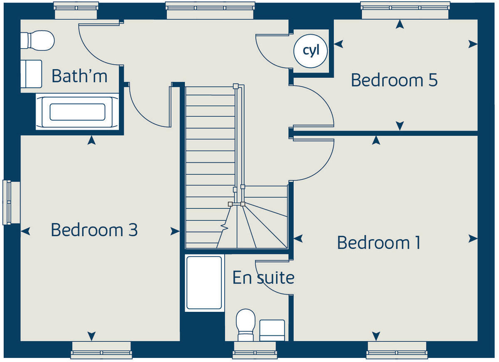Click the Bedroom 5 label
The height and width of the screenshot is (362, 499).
point(394,80)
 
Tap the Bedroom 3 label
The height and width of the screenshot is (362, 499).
point(94,230)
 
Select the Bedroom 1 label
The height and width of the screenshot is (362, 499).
point(378,242)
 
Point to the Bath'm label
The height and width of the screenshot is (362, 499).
point(79,76)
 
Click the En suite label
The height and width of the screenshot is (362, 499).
point(263,277)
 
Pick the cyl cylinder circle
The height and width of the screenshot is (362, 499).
point(311,51)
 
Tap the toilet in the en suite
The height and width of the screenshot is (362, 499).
point(245,324)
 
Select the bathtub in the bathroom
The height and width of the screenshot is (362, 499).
point(77,112)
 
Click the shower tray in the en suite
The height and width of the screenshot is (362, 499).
point(204,283)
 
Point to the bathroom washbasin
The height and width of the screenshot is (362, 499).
point(31,73)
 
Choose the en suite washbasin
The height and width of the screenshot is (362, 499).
point(272,330)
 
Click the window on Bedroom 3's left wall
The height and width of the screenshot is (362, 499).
point(12,202)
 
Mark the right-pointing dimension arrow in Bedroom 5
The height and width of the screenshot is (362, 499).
point(472,44)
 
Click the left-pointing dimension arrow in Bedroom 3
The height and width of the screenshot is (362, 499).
point(26,231)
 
